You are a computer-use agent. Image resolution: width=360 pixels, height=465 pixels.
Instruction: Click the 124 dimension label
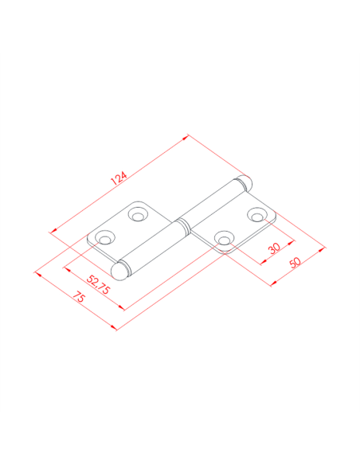[119, 178]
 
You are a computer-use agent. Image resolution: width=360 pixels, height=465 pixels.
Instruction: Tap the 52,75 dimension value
[98, 285]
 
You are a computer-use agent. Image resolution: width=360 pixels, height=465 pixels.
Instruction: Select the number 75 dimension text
[79, 297]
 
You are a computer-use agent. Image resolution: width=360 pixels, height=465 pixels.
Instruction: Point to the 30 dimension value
[274, 248]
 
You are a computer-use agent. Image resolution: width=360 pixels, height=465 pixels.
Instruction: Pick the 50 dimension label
[295, 263]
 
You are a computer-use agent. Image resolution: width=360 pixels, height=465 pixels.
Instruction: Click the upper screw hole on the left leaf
[139, 214]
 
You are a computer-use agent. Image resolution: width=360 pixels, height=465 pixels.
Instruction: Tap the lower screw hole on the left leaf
[105, 238]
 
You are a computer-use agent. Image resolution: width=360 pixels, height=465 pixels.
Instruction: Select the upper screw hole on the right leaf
[257, 215]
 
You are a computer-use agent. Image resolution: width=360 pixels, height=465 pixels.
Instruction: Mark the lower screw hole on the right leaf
[224, 238]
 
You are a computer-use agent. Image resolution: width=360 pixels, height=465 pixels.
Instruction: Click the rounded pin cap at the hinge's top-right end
[246, 183]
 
